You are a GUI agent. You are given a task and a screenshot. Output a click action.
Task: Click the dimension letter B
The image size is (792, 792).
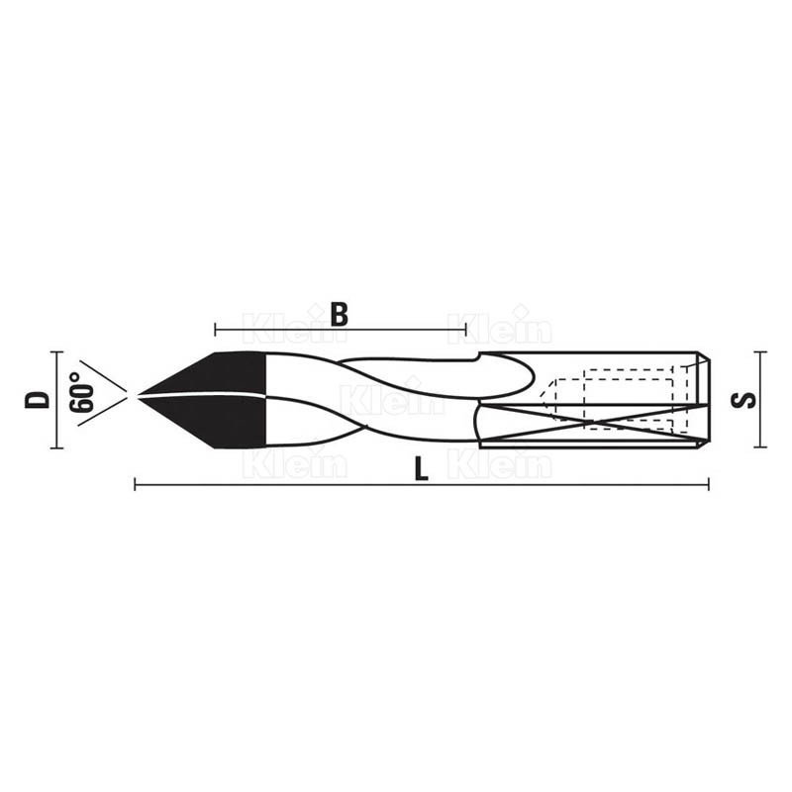coord(340,314)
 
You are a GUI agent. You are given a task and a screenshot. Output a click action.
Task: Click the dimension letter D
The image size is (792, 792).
coord(38,400)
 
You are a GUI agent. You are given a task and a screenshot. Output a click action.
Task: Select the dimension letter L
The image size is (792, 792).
coord(422,468)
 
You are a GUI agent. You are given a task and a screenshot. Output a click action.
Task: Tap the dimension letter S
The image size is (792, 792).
coord(743,400)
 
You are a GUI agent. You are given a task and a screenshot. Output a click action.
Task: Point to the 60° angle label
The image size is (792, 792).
coord(82,393)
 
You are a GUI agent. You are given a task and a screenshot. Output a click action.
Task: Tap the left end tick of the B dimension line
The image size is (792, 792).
coord(215,331)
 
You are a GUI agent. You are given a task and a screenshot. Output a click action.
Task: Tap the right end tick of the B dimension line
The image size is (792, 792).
coord(465,331)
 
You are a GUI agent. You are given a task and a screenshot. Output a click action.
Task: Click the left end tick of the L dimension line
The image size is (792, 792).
coord(135,485)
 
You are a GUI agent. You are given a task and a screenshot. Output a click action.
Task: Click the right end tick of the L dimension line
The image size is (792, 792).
coord(708,485)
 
